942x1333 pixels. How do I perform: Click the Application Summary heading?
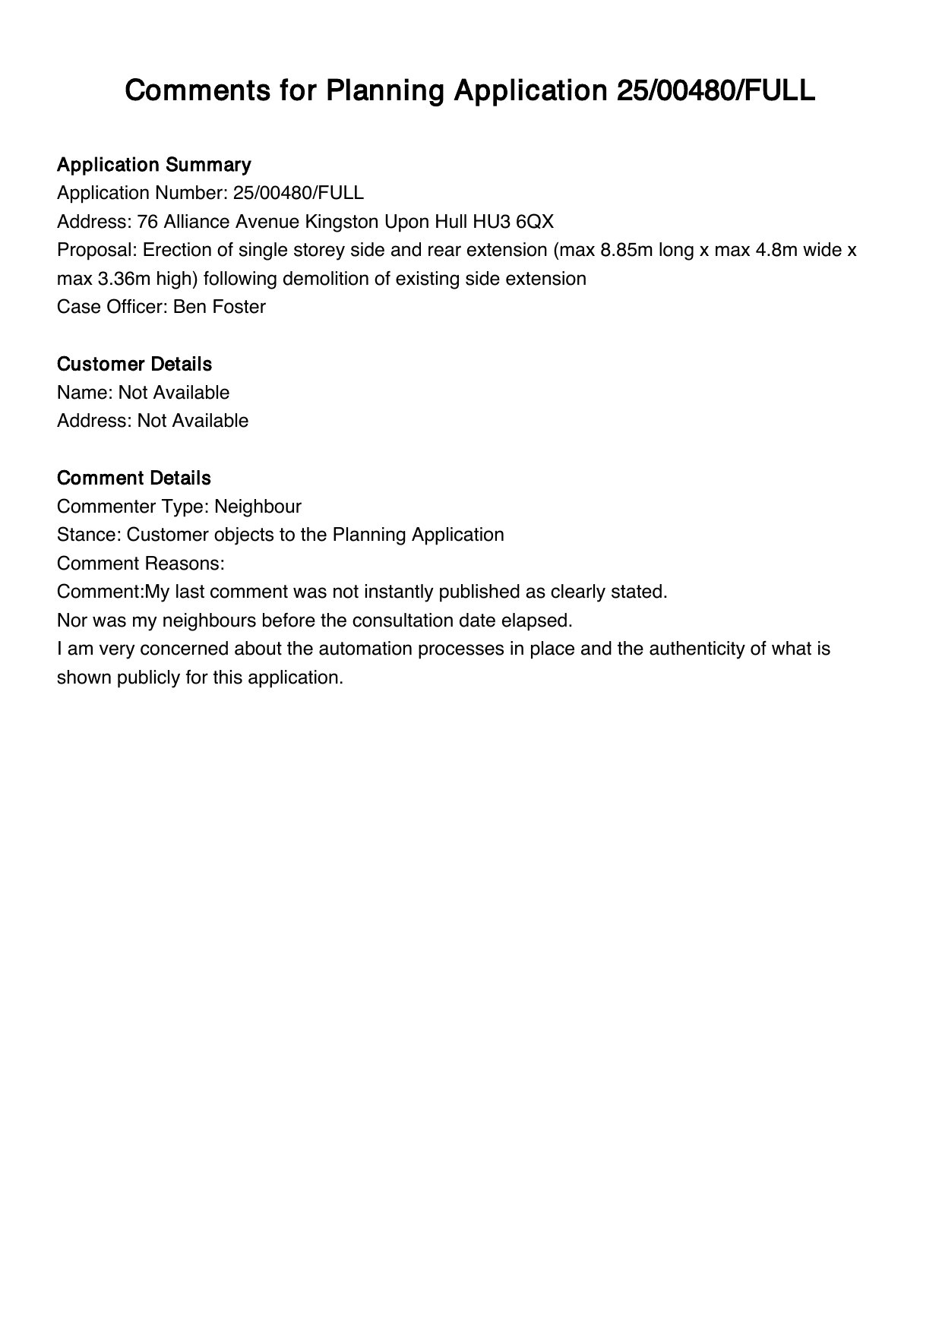153,165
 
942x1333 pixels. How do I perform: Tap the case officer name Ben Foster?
220,307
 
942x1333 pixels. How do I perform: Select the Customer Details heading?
134,365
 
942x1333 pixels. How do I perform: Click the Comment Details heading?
134,479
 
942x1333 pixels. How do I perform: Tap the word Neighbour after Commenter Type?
258,507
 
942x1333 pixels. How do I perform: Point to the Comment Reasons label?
141,564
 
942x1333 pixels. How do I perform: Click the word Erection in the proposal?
177,250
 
